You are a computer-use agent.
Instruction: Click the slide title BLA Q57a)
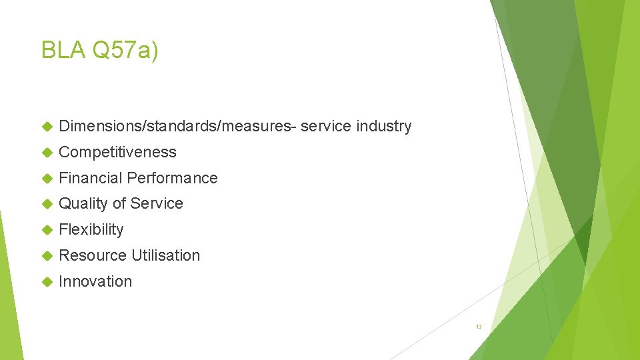tap(99, 50)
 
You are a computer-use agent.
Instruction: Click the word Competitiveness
tap(117, 152)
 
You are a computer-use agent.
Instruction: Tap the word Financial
tap(90, 178)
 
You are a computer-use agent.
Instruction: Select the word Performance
tap(172, 178)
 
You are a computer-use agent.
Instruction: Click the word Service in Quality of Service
tap(157, 203)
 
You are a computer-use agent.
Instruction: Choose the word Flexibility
tap(91, 229)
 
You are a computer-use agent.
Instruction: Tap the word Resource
tap(93, 255)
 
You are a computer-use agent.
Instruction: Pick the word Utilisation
tap(165, 255)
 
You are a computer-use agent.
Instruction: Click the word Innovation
tap(95, 281)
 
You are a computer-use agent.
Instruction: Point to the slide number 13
tap(478, 327)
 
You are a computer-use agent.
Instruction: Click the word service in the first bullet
tap(326, 126)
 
